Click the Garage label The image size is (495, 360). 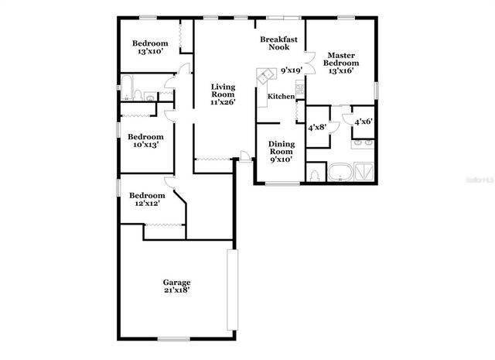(x=176, y=282)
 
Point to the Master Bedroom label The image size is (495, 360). (x=340, y=60)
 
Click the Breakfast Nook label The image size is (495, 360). (x=279, y=43)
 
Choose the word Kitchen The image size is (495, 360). (x=281, y=97)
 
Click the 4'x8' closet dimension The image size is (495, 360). (x=317, y=128)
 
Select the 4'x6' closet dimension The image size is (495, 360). (x=363, y=122)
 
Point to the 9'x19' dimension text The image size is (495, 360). (x=291, y=70)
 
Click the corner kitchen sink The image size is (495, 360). (x=265, y=77)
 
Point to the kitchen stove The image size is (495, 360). (x=298, y=88)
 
